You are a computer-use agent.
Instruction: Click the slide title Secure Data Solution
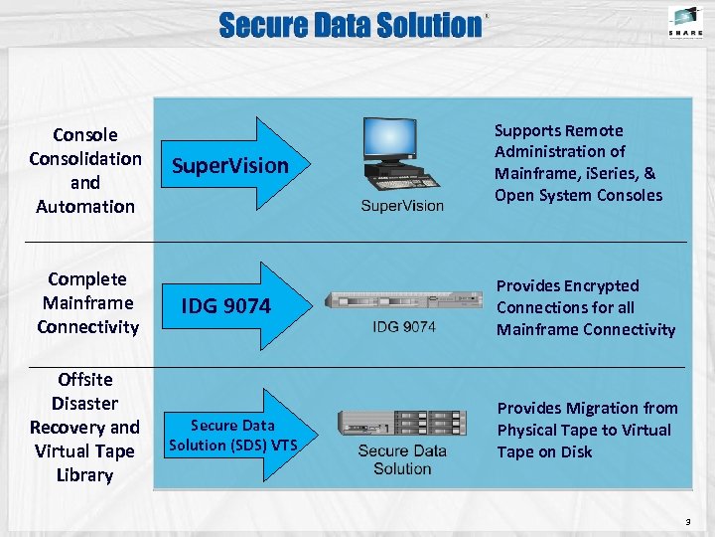coord(350,25)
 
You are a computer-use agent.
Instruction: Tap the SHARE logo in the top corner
coord(684,21)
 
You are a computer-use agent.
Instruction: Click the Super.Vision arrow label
coord(229,165)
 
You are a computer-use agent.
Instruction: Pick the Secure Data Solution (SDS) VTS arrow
coord(232,435)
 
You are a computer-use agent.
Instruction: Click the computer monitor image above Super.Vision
coord(389,141)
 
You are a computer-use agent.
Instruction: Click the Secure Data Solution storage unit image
coord(401,424)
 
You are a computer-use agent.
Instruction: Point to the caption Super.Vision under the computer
coord(401,206)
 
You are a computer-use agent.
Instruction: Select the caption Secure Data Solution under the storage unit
coord(402,459)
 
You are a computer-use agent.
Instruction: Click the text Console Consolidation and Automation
coord(85,170)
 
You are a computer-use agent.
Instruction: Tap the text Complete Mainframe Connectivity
coord(87,302)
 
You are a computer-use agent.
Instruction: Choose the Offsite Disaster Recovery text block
coord(84,427)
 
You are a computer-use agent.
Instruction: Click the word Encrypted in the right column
coord(597,285)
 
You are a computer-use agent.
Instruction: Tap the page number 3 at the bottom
coord(686,520)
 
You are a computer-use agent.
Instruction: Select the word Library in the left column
coord(84,474)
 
